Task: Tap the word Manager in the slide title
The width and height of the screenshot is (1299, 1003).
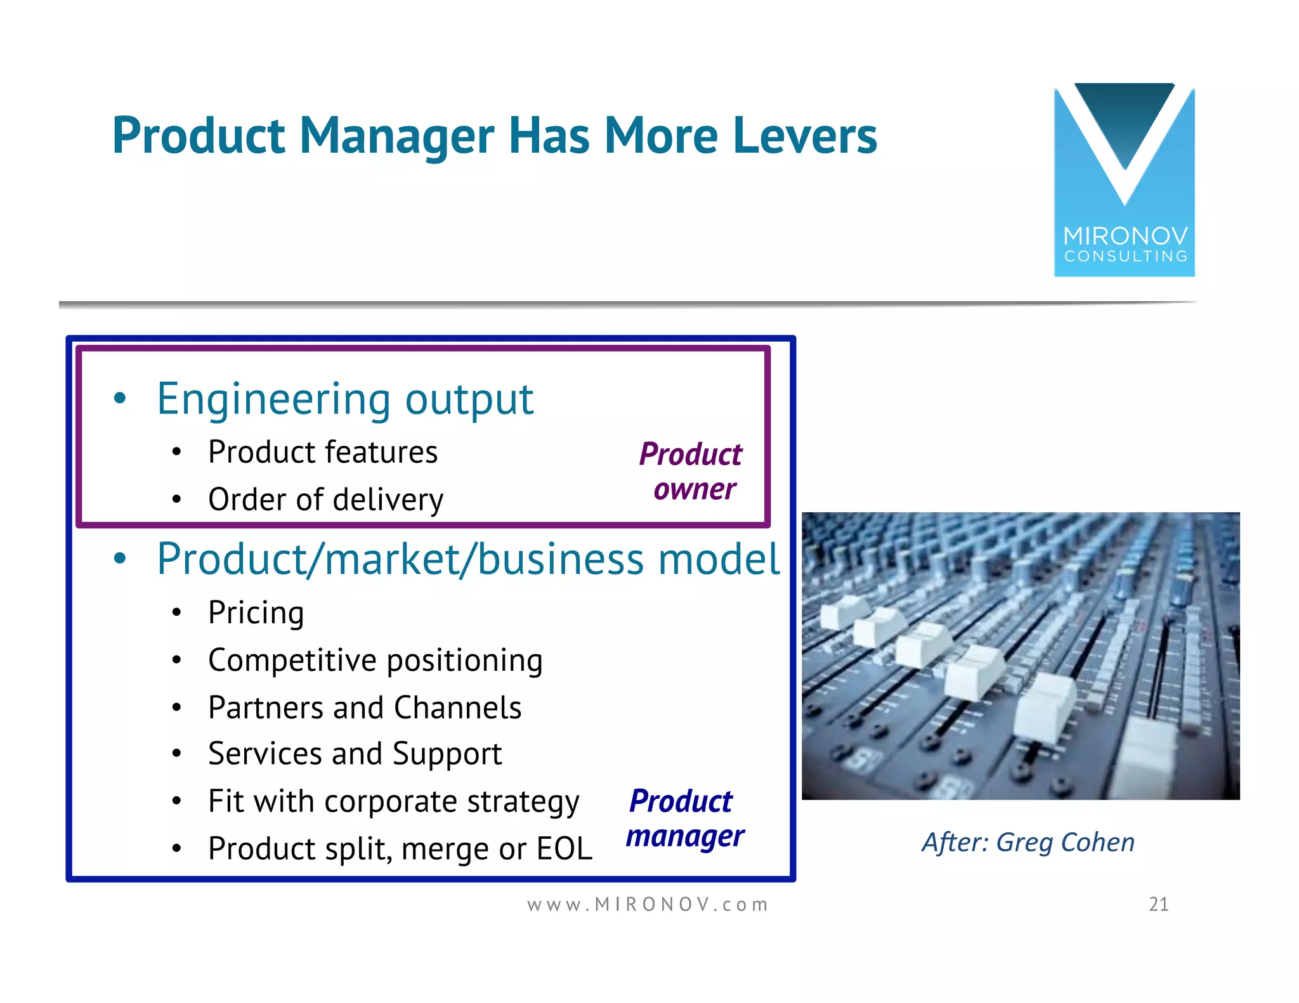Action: [x=396, y=137]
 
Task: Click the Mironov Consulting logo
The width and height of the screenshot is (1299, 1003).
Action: [x=1124, y=180]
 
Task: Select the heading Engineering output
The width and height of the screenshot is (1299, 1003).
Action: [x=345, y=399]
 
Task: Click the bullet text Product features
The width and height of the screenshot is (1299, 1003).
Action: [x=323, y=453]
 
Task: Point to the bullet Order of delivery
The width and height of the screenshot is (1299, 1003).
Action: [x=325, y=500]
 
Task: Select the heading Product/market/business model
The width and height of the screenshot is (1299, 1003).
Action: [x=468, y=559]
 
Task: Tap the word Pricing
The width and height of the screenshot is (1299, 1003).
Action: [x=256, y=613]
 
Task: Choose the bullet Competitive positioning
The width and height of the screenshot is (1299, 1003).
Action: [x=375, y=661]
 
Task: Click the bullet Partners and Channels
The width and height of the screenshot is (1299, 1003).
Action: [x=365, y=708]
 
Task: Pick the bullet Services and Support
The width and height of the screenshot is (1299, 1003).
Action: [x=355, y=754]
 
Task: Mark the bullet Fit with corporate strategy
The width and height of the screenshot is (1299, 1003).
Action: [x=393, y=801]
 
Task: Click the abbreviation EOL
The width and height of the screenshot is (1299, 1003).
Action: [x=564, y=849]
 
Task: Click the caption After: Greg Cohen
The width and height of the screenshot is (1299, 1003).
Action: [x=1028, y=843]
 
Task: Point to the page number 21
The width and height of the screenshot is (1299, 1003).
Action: [x=1158, y=904]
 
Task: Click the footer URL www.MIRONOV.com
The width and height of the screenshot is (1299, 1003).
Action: [x=648, y=904]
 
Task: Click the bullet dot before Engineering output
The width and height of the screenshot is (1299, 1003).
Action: [x=120, y=399]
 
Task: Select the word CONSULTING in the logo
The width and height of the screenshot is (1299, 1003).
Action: [x=1125, y=257]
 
